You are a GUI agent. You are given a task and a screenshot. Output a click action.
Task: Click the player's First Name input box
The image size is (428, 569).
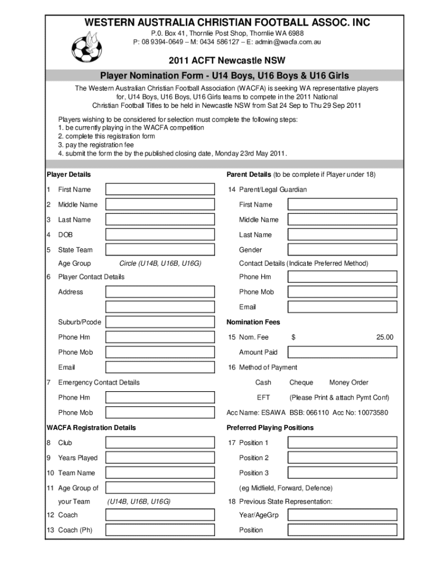[160, 189]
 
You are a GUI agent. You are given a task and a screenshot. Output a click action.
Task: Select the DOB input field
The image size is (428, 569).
[160, 235]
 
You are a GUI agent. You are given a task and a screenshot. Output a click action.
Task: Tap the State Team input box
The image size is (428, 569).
[160, 250]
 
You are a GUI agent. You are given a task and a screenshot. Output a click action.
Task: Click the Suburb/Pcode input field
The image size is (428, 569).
[160, 322]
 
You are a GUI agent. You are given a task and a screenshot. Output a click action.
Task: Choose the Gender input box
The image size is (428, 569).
[342, 250]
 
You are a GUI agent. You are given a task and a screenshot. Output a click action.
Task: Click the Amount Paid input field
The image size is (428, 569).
[342, 352]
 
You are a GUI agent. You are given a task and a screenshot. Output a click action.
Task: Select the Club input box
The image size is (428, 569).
[160, 443]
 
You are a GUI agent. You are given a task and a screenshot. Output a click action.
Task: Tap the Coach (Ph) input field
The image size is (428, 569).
[160, 530]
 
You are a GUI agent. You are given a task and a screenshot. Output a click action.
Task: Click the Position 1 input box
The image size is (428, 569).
[342, 443]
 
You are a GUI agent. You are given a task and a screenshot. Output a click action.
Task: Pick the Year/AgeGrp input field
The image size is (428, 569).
[342, 515]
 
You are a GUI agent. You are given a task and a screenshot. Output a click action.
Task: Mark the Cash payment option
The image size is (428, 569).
[263, 382]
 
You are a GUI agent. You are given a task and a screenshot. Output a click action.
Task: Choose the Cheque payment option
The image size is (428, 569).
[301, 382]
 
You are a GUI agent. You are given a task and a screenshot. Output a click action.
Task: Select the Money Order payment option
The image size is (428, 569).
[349, 382]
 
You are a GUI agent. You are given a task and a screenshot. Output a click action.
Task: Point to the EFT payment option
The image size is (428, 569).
[263, 397]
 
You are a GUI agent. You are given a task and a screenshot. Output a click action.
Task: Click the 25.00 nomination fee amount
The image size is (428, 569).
[384, 337]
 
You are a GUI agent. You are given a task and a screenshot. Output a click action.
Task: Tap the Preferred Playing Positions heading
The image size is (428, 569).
[270, 428]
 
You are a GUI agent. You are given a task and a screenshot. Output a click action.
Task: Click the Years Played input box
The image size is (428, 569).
[160, 458]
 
